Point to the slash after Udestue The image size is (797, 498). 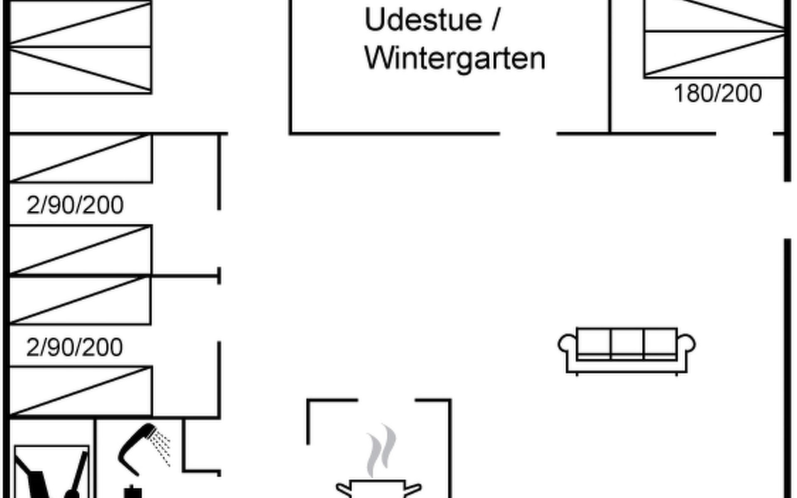[495, 20]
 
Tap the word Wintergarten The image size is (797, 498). [455, 59]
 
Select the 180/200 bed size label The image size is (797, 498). [718, 93]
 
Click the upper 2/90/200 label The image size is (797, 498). [75, 205]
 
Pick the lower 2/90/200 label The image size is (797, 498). [74, 347]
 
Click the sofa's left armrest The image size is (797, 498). [567, 344]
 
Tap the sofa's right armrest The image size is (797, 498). [687, 344]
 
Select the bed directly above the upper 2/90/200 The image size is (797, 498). [81, 158]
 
